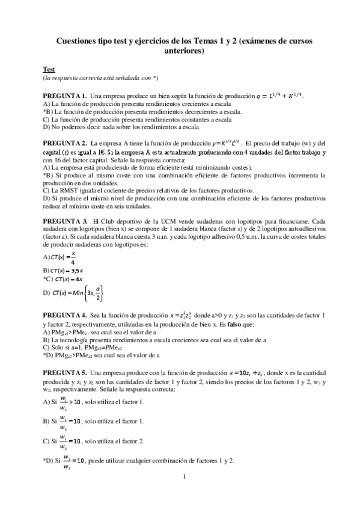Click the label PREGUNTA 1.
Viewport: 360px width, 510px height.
coord(65,96)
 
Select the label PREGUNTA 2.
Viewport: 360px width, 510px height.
coord(65,143)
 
